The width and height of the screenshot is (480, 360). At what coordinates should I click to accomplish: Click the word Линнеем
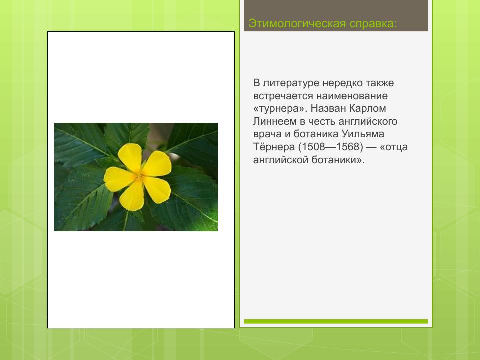[272, 122]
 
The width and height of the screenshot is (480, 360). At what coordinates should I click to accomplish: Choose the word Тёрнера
[274, 148]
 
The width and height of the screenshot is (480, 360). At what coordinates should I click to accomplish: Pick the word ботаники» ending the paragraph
[339, 161]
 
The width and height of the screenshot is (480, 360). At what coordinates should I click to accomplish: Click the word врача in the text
[266, 135]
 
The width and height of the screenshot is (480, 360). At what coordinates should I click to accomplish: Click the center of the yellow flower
[139, 175]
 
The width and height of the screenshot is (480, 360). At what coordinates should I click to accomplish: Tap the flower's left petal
[117, 179]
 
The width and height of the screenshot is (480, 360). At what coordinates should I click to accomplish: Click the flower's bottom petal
[133, 197]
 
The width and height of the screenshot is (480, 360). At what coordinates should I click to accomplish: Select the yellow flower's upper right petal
[158, 164]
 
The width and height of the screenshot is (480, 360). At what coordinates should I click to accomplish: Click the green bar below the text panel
[336, 321]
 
